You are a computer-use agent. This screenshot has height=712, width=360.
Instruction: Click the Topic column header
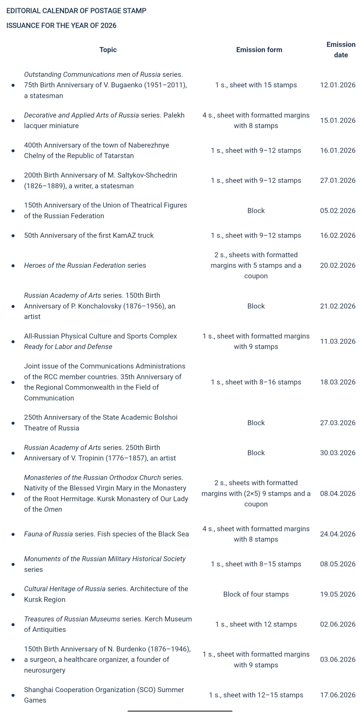click(108, 50)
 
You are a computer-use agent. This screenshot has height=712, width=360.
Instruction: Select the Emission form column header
click(259, 50)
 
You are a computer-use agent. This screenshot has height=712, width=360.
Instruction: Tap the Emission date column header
click(341, 50)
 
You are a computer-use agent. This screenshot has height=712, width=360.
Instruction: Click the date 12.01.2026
click(337, 85)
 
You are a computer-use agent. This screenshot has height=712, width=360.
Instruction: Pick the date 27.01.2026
click(337, 180)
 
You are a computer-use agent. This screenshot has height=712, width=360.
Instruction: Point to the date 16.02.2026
click(337, 235)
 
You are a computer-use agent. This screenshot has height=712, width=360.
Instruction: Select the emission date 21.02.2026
click(337, 306)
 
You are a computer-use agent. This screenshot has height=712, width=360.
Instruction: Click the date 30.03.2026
click(337, 453)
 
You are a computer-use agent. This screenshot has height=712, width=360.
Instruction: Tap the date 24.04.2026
click(337, 534)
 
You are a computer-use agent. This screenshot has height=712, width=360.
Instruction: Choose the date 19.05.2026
click(337, 594)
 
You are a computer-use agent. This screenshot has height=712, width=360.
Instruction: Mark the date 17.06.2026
click(337, 695)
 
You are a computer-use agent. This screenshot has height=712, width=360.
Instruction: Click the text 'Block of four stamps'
click(256, 594)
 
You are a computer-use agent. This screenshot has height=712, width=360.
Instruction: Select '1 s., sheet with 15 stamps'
click(256, 85)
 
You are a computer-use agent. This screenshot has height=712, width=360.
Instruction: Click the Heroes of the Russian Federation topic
click(85, 265)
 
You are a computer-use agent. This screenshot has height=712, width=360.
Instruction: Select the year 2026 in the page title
click(108, 25)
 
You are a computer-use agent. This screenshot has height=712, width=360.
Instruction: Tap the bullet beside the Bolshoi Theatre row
click(13, 423)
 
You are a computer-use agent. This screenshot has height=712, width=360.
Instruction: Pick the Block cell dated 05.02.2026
click(256, 211)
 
